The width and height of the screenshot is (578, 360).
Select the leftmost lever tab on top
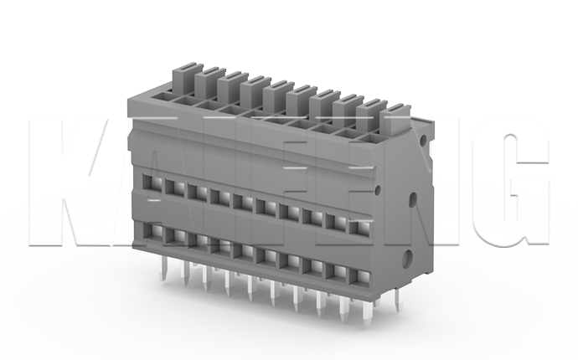click(x=183, y=80)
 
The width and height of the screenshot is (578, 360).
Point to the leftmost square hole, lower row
click(x=154, y=229)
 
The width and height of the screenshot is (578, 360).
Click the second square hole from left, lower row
click(x=176, y=234)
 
